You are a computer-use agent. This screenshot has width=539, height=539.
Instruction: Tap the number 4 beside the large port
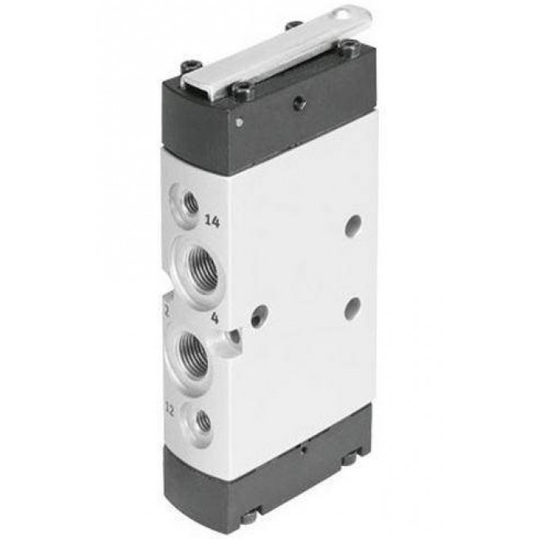point(213,319)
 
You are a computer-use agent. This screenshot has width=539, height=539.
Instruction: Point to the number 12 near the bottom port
point(169,410)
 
